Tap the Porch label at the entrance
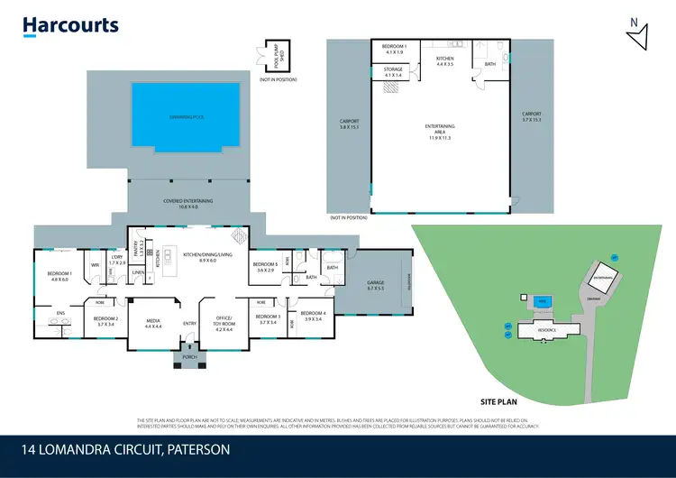pos(187,357)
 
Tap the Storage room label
pos(393,71)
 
